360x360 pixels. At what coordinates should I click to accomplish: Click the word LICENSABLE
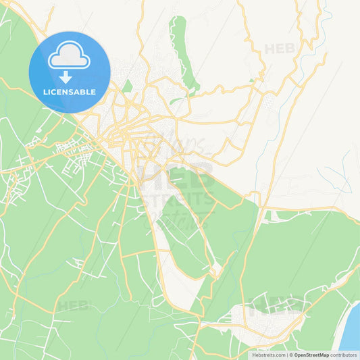70,92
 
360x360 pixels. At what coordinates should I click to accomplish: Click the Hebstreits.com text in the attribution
268,355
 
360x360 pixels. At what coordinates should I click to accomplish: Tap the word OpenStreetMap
311,355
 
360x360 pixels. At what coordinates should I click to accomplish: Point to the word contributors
344,355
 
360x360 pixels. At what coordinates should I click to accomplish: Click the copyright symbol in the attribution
292,355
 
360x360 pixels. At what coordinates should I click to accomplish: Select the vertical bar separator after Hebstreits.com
287,355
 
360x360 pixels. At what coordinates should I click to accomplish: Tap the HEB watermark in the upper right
280,49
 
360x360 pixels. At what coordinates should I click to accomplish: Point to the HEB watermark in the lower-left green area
72,306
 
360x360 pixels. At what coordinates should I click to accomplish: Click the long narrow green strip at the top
180,47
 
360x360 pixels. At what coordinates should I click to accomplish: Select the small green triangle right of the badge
128,86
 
